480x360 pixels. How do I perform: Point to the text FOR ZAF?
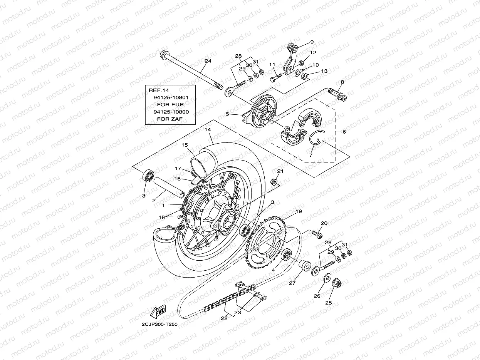tap(170, 119)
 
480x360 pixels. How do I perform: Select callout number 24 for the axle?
tap(208, 61)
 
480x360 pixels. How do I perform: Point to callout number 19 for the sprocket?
tap(299, 211)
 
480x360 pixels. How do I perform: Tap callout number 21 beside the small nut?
tap(280, 171)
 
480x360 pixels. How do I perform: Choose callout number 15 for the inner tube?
tap(185, 145)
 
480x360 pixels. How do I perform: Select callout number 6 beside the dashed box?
tap(344, 132)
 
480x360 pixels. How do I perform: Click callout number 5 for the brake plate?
tap(227, 114)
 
